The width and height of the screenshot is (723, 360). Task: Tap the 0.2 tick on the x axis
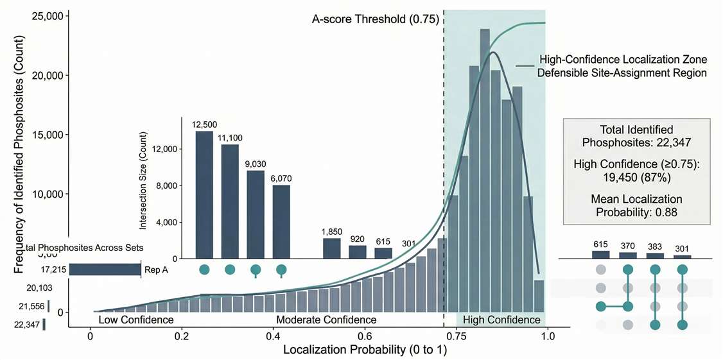(182, 335)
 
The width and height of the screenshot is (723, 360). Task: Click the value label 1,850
(331, 231)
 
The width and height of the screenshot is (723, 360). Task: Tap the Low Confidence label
(136, 320)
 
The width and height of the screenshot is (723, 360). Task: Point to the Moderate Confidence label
(326, 320)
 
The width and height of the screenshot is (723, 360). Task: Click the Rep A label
(156, 270)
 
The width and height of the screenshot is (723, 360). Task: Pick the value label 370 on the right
(629, 245)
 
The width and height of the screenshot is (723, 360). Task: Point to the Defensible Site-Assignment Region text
(622, 73)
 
